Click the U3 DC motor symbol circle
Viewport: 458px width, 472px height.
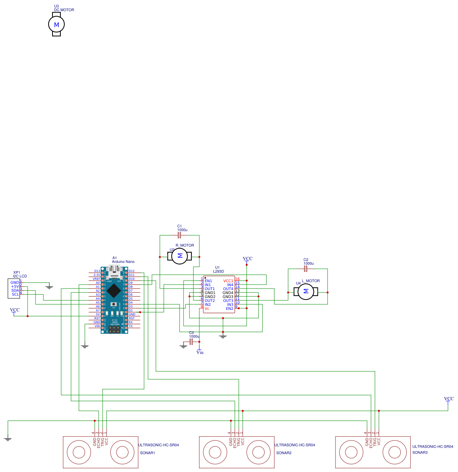coord(56,24)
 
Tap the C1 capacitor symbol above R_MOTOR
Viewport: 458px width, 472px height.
coord(179,235)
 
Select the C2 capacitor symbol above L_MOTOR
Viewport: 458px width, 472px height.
coord(305,269)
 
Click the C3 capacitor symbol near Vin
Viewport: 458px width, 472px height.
coord(191,341)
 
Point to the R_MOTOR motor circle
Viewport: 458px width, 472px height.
coord(180,256)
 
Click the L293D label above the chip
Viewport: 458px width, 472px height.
coord(218,272)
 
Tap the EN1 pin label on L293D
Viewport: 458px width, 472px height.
coord(208,281)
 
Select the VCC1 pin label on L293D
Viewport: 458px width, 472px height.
coord(228,281)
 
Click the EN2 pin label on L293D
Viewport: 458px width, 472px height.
coord(229,308)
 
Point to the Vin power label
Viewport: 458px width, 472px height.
coord(200,352)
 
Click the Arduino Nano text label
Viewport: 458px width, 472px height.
coord(123,262)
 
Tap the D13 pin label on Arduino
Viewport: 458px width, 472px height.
coord(97,271)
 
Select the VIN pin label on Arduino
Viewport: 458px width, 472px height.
coord(97,326)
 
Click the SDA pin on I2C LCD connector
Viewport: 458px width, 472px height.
coord(15,290)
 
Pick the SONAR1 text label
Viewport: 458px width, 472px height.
coord(148,453)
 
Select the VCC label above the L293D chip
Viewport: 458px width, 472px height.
coord(248,259)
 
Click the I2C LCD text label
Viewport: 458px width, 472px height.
coord(20,276)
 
